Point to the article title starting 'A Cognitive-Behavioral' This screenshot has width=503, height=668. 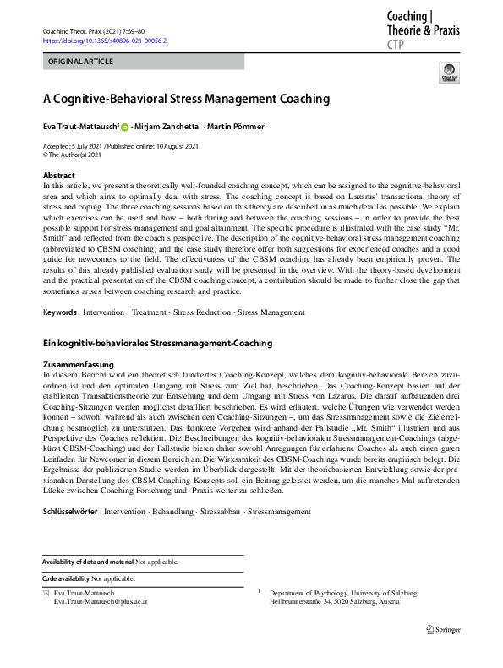[x=186, y=99]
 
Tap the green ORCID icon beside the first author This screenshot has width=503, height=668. [x=125, y=128]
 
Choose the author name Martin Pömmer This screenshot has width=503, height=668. [x=237, y=128]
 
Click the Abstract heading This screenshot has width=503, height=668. [x=58, y=176]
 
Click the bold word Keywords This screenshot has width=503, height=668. [x=60, y=312]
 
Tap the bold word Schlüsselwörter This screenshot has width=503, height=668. [x=70, y=512]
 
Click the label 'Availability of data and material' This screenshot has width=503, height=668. [x=88, y=562]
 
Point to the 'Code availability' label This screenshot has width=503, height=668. [x=66, y=578]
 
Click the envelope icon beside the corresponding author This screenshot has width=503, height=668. [x=46, y=594]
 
